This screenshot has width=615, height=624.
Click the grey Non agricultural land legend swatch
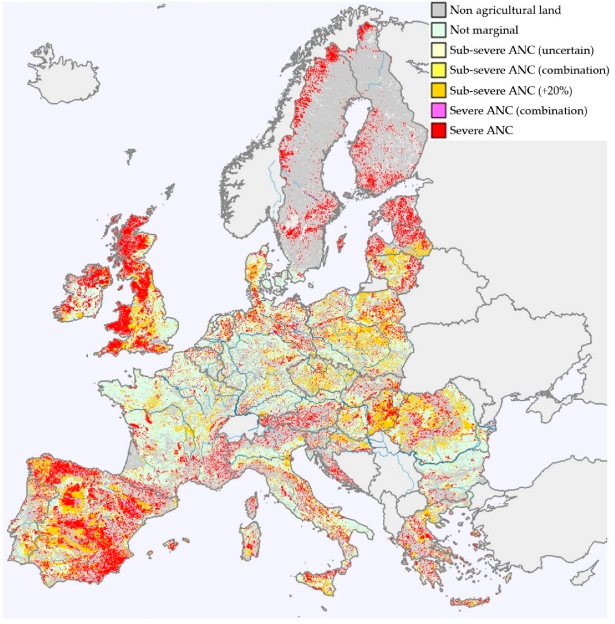[438, 10]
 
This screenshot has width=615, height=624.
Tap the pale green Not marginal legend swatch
[438, 30]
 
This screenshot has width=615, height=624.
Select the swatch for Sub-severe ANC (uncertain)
[438, 50]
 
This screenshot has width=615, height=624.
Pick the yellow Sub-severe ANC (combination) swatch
[438, 70]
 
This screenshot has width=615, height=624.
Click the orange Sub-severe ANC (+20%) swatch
[438, 90]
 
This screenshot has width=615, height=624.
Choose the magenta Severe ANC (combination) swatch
[438, 110]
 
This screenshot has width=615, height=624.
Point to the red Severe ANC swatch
[438, 130]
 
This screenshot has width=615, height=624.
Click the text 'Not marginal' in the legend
[484, 30]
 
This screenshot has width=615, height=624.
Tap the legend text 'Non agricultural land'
[505, 10]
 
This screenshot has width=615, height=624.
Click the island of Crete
[470, 602]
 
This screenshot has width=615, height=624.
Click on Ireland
[84, 292]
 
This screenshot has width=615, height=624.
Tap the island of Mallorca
[172, 545]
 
